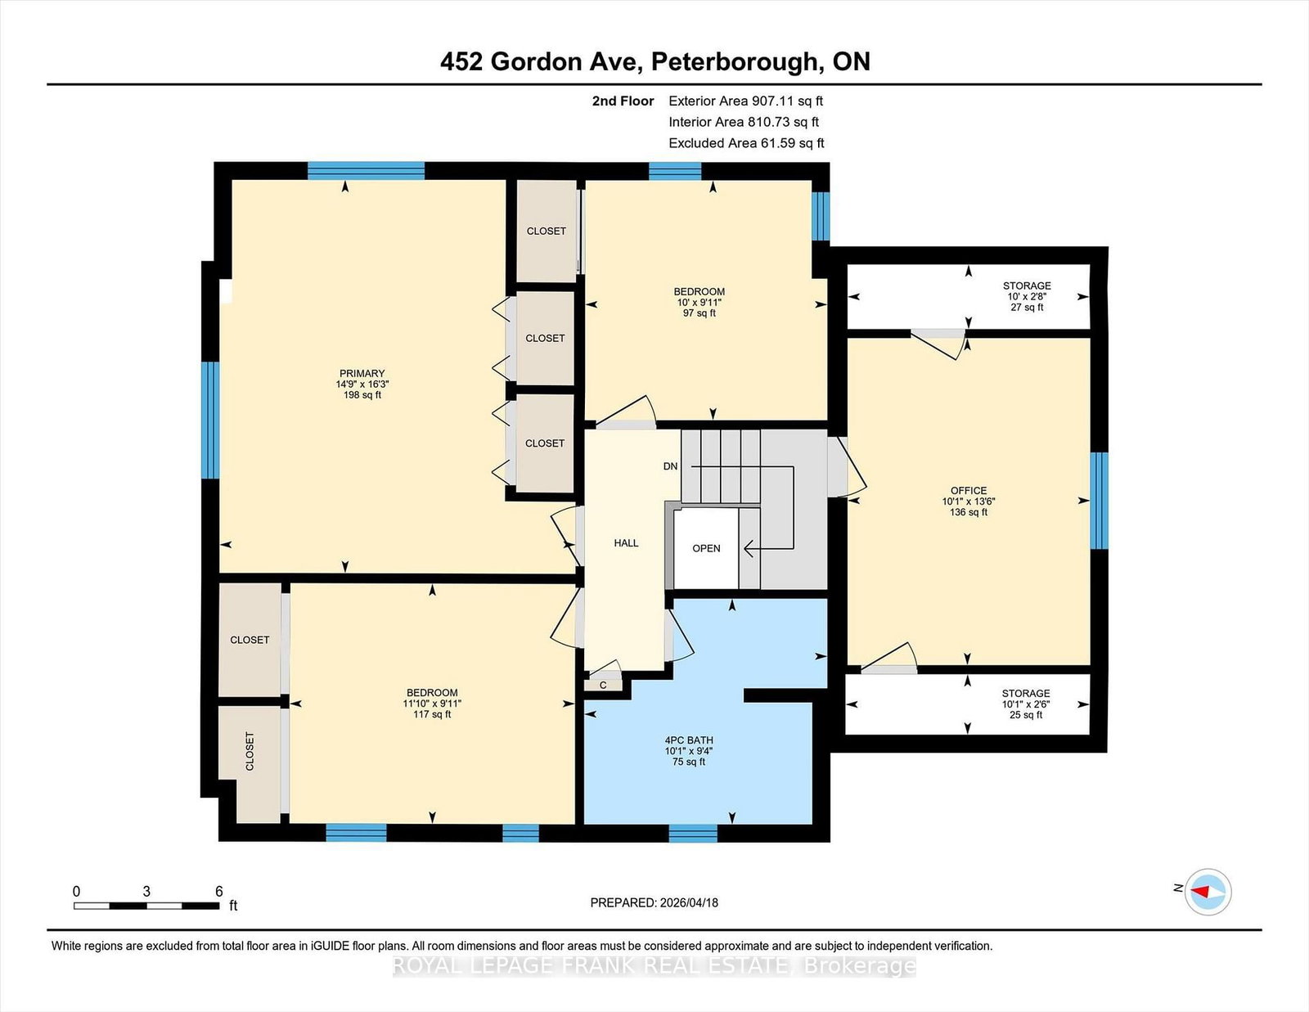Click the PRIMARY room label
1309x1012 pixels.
362,374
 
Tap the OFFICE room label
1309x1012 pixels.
968,491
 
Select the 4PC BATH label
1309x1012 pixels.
689,740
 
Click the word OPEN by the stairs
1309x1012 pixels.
706,548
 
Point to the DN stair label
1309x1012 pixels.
670,466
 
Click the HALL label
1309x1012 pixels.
626,542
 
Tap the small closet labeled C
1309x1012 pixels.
603,686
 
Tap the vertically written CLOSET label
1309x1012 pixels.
250,751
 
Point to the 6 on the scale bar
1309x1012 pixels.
218,892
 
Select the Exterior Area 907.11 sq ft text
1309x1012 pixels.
745,101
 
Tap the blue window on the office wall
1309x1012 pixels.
1100,500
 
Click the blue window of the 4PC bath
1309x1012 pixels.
692,834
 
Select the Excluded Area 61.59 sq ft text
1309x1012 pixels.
746,143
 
